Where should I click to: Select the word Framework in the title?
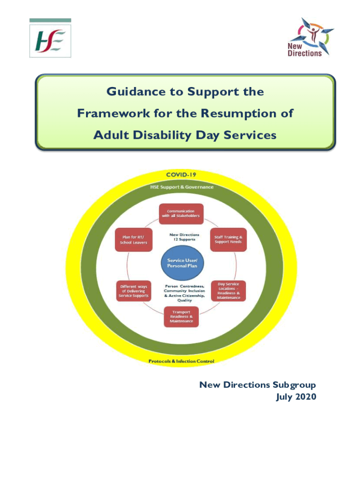tap(114, 113)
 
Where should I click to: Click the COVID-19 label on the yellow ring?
tap(181, 175)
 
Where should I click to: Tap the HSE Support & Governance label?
tap(182, 187)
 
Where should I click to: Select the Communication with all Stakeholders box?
tap(181, 213)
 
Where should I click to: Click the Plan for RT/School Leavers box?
tap(133, 240)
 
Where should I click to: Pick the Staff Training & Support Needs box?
tap(228, 239)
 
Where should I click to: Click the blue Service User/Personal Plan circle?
tap(182, 263)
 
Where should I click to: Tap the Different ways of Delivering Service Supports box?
tap(133, 291)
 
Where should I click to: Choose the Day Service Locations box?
tap(229, 291)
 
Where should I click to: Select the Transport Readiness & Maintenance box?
tap(181, 317)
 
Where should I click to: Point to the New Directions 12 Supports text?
tap(184, 237)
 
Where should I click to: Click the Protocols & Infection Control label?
tap(181, 361)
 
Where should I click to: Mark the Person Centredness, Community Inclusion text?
tap(184, 289)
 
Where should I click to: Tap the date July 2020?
tap(296, 397)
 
